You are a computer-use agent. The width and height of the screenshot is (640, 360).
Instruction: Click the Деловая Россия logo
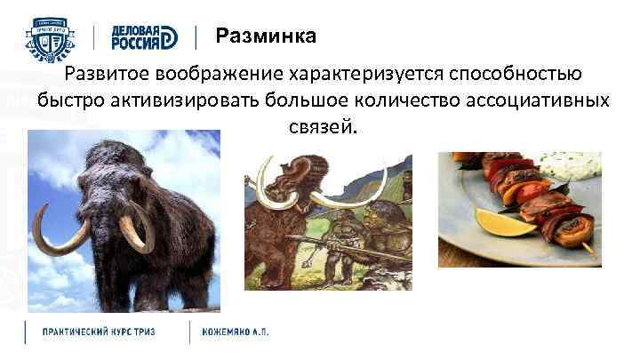[x=144, y=36]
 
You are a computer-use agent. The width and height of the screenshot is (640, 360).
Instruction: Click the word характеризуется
[x=365, y=74]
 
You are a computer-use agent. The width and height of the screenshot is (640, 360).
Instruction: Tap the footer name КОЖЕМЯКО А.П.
[x=236, y=332]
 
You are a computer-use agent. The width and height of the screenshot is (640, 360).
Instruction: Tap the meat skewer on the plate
[x=533, y=200]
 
